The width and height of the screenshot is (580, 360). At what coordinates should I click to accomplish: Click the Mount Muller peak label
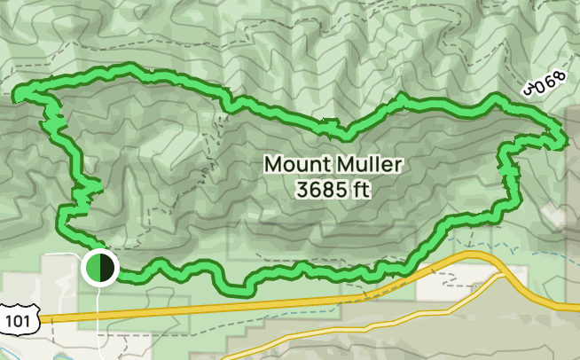click(333, 164)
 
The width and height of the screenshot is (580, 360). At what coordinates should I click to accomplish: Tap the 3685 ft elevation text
click(333, 189)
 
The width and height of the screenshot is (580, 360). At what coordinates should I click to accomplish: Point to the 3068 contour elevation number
click(544, 85)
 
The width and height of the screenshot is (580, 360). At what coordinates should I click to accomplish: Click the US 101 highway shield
click(15, 318)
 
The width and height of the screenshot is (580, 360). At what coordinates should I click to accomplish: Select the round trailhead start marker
click(98, 267)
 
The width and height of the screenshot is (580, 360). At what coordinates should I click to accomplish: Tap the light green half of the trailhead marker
click(91, 267)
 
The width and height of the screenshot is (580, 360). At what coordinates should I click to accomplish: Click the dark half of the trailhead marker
click(106, 267)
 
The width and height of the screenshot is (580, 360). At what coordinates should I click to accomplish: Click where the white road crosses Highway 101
click(97, 314)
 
